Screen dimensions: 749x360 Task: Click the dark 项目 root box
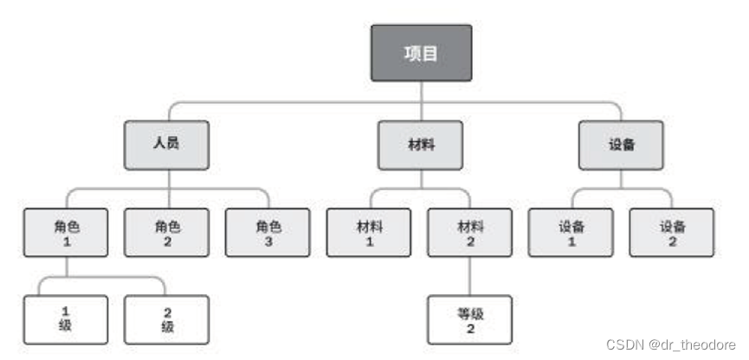(x=422, y=53)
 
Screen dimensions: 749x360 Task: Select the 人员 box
(x=166, y=145)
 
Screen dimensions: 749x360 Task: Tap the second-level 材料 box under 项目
(x=420, y=145)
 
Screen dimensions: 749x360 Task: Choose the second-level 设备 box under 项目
(x=622, y=145)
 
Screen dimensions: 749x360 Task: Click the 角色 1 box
(x=66, y=233)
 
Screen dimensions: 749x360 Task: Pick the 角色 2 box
(x=167, y=233)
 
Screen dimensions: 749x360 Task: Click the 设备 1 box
(x=571, y=233)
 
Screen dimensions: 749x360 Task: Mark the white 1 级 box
(x=66, y=319)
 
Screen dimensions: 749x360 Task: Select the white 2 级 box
(x=167, y=319)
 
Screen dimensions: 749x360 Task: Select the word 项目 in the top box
(x=422, y=53)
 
